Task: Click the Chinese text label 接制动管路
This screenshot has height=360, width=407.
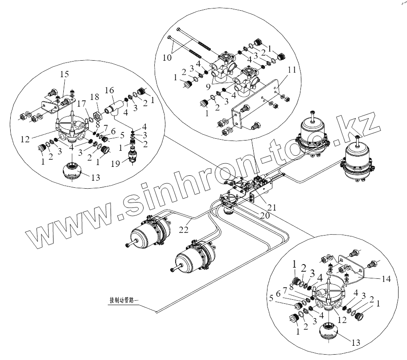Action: point(124,300)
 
